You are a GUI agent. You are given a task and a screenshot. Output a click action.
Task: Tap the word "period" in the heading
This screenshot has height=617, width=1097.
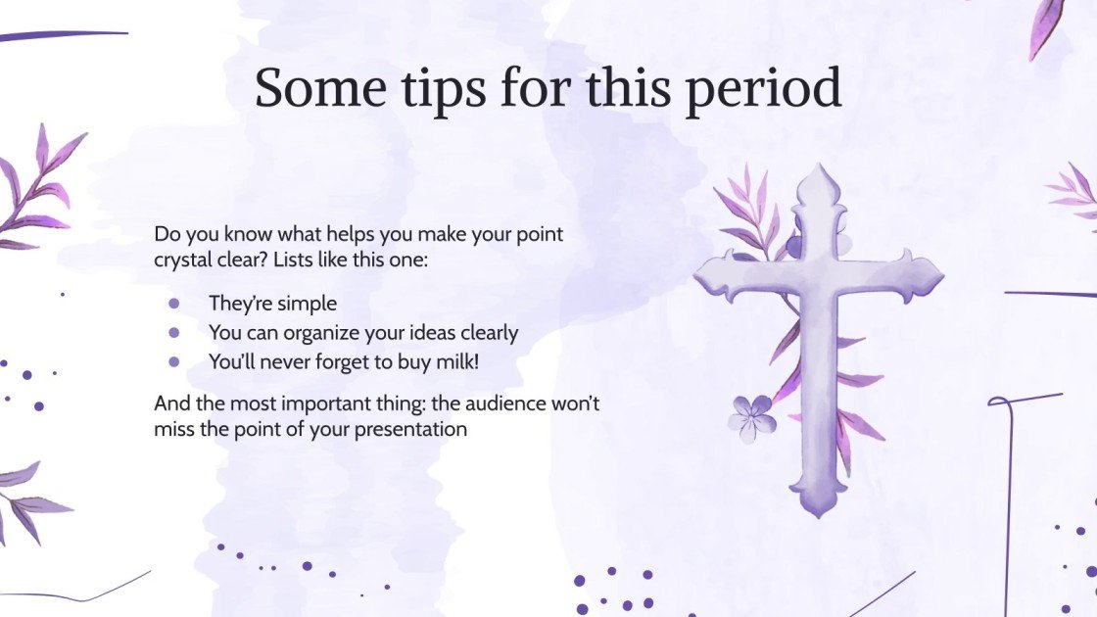coord(763,89)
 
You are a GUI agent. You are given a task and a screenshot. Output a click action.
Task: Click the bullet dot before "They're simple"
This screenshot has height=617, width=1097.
coord(174,305)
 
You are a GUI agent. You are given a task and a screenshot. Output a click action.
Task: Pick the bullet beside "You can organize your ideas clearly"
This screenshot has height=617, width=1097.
coord(174,333)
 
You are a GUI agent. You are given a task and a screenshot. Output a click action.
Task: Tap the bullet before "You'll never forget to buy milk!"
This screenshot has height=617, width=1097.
coord(174,361)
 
